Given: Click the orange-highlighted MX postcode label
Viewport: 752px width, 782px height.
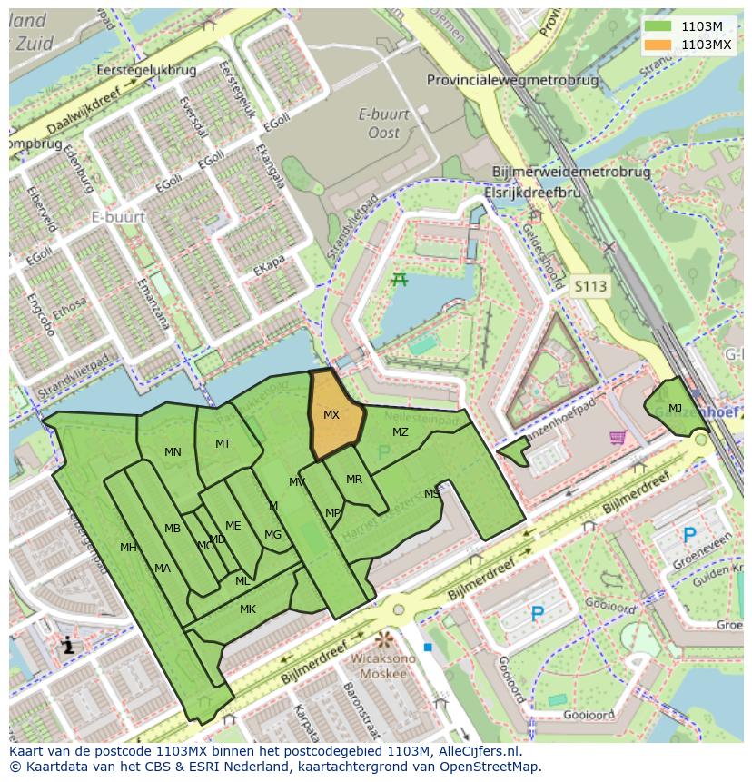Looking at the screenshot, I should pos(331,415).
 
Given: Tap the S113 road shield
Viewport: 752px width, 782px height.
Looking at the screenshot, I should pos(590,286).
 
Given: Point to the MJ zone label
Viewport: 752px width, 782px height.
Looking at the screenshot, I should pos(675,409).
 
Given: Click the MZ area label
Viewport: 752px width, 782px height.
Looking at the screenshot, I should pos(401,432).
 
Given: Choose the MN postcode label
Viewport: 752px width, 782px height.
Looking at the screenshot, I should pos(173,451).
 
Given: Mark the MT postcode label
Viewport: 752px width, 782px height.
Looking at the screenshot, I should pos(223,444).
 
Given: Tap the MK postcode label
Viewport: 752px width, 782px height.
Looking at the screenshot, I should pos(247,609).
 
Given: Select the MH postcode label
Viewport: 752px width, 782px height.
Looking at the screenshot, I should pos(128,548).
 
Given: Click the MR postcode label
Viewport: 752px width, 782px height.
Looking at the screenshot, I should pos(354,480).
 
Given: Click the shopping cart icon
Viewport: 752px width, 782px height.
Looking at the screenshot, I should pos(618,438).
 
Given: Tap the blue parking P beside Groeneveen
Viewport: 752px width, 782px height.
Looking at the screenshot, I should pos(689,536).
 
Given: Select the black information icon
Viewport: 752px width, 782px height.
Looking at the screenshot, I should pos(67,647).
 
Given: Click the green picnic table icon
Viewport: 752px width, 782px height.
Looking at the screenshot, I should pos(399,280).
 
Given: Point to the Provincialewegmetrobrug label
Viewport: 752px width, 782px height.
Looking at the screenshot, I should pos(513,80).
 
